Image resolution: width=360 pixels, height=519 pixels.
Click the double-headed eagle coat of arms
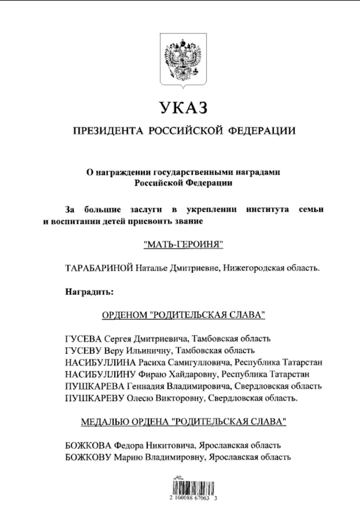pyautogui.click(x=183, y=59)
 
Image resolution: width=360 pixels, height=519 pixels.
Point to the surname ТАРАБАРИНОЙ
pyautogui.click(x=99, y=268)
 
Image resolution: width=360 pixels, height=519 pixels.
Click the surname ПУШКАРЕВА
pyautogui.click(x=95, y=386)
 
